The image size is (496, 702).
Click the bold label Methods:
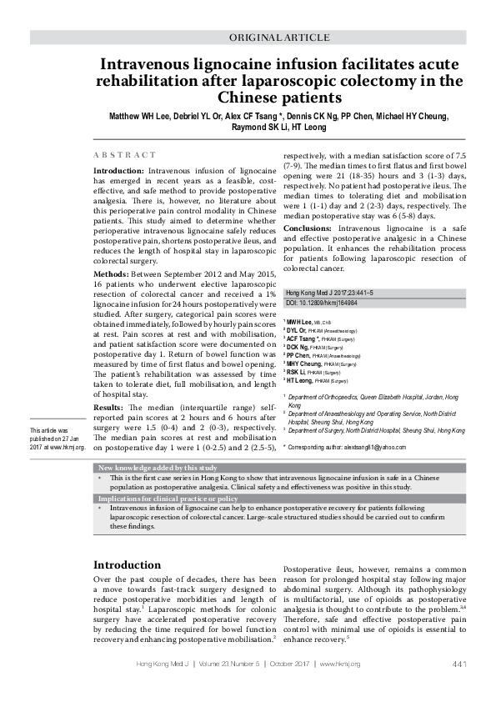pos(110,273)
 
